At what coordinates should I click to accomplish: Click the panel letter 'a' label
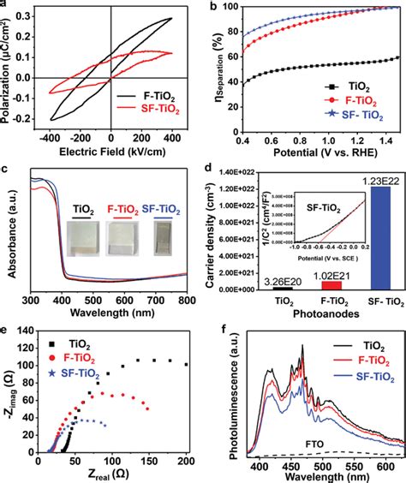tap(4, 5)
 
